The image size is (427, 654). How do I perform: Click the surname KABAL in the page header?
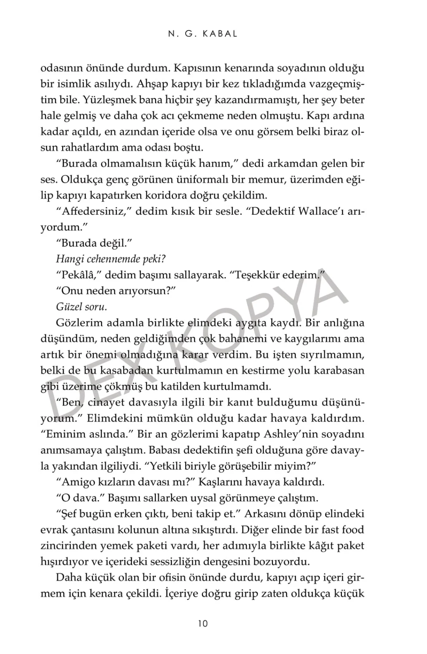coord(220,34)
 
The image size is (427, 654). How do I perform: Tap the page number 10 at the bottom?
coord(203,624)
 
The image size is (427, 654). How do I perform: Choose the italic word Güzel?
coord(68,307)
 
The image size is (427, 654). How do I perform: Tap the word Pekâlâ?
coord(79,275)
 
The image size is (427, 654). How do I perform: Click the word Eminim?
coord(64,434)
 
